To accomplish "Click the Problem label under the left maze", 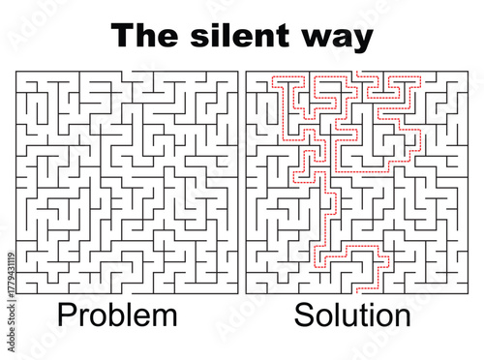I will click(x=117, y=315).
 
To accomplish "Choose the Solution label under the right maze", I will click(x=352, y=315).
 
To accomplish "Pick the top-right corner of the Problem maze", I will click(x=238, y=71).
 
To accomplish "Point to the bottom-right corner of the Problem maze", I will click(x=238, y=290).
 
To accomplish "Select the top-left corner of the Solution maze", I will click(x=247, y=71).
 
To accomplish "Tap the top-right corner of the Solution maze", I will click(x=467, y=71).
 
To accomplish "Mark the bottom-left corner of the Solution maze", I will click(x=247, y=290).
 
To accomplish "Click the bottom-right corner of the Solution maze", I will click(x=467, y=290).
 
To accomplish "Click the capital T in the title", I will click(x=122, y=36).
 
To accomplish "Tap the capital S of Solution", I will click(x=304, y=315).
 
